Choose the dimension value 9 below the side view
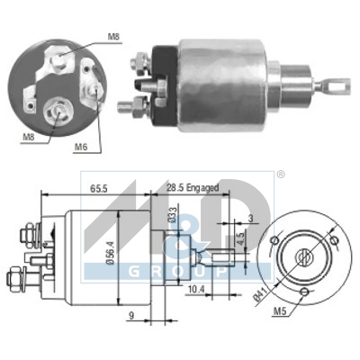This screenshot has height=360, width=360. (131, 315)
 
